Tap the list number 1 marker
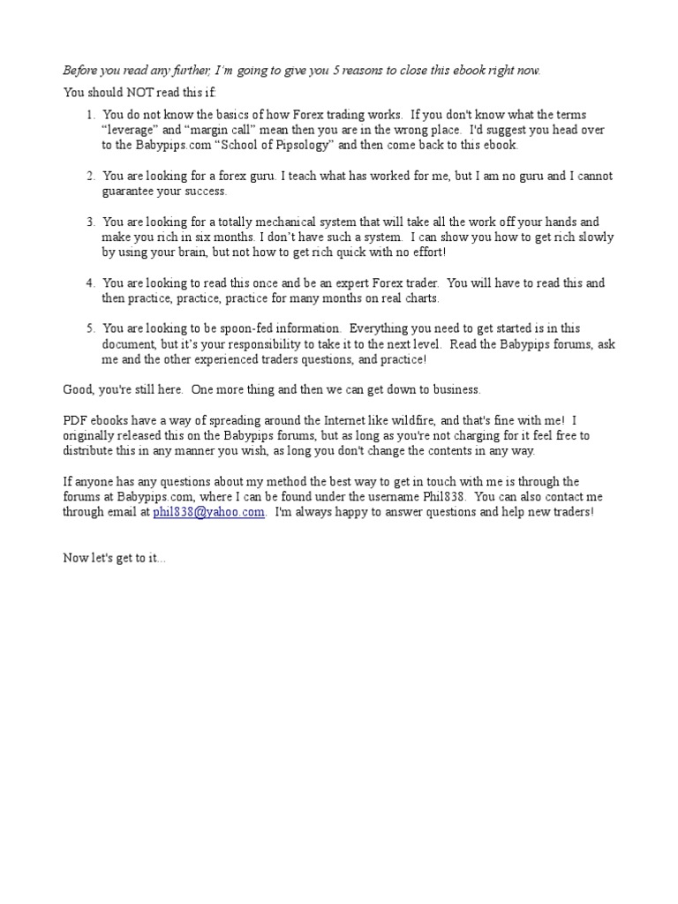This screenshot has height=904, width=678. coord(91,115)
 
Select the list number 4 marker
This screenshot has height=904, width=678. coord(91,283)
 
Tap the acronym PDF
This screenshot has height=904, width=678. coord(76,419)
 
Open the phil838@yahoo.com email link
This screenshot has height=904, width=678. coord(208,512)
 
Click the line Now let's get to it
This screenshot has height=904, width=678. coord(114,558)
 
